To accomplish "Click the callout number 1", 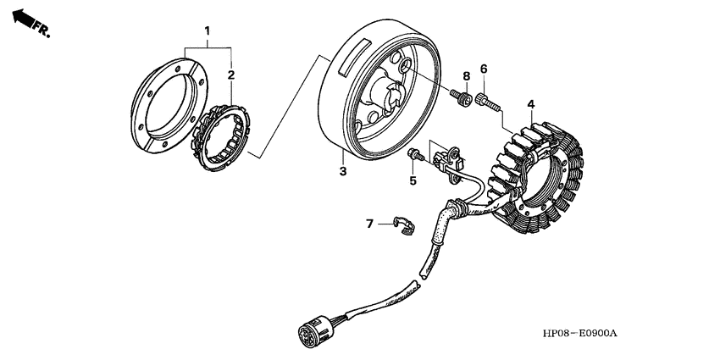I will coord(206,31).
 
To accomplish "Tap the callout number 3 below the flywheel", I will coord(343,172).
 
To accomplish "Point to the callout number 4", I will coord(530,104).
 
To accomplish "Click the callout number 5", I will coord(413,180).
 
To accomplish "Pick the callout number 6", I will coord(484,69).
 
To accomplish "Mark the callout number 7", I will coord(369,224).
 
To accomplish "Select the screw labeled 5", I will coord(414,155).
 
